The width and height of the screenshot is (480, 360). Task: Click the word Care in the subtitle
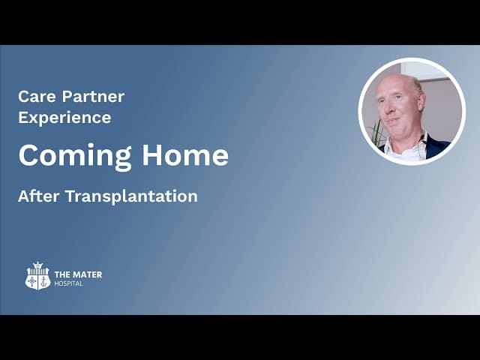point(37,97)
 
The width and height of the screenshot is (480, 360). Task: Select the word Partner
point(93,97)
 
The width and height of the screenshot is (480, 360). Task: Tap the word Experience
point(64,118)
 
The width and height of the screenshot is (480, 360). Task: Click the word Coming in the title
point(75,156)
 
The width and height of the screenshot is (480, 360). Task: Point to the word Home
point(185,155)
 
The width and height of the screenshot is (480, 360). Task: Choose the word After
point(38,196)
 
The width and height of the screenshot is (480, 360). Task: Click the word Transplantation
point(132,196)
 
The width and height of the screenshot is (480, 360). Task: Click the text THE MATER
point(78,274)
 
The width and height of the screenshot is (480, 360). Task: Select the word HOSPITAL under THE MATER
point(68,283)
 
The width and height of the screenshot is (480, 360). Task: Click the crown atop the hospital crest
point(37,265)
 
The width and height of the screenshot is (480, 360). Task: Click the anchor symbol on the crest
point(44,282)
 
